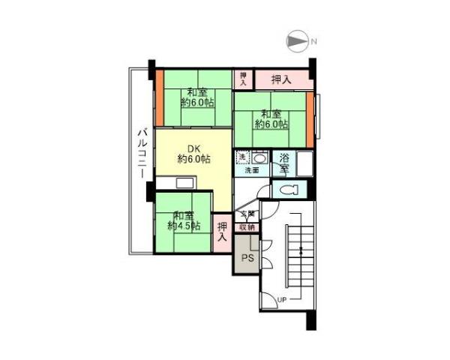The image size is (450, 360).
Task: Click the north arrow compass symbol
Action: tap(298, 42)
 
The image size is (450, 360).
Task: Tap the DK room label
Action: tap(193, 154)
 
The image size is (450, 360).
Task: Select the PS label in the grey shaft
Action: tap(247, 259)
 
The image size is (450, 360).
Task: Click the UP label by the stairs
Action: tap(283, 301)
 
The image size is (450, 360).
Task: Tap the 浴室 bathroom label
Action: tap(285, 163)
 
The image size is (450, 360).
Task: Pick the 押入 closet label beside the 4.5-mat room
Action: tap(223, 232)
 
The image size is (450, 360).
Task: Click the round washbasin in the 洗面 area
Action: tap(258, 158)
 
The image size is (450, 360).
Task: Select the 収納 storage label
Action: tap(247, 226)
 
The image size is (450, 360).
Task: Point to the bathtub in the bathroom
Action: tap(304, 163)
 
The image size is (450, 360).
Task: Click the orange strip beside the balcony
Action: tap(158, 97)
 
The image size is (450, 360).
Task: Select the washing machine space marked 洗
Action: tap(241, 157)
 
